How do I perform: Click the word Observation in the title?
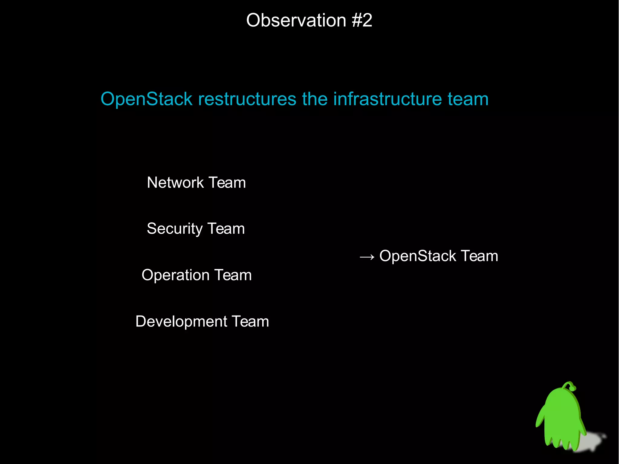296,21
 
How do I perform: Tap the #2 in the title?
362,21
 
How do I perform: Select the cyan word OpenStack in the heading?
146,99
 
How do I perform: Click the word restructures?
247,99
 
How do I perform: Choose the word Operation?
175,275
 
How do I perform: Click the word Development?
181,321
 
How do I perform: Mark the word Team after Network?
227,183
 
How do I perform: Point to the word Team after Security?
226,229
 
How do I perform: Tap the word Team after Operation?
233,275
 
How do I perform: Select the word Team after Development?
250,321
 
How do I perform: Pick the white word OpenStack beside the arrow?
417,256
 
